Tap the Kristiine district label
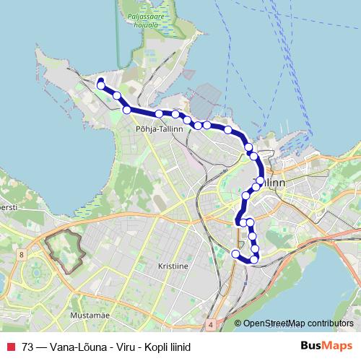(172, 266)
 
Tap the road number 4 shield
(210, 326)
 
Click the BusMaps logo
(326, 347)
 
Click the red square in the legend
(11, 347)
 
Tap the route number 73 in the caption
(27, 347)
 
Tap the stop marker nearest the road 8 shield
(235, 253)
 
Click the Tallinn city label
(273, 183)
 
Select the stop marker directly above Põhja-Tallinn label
(159, 113)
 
